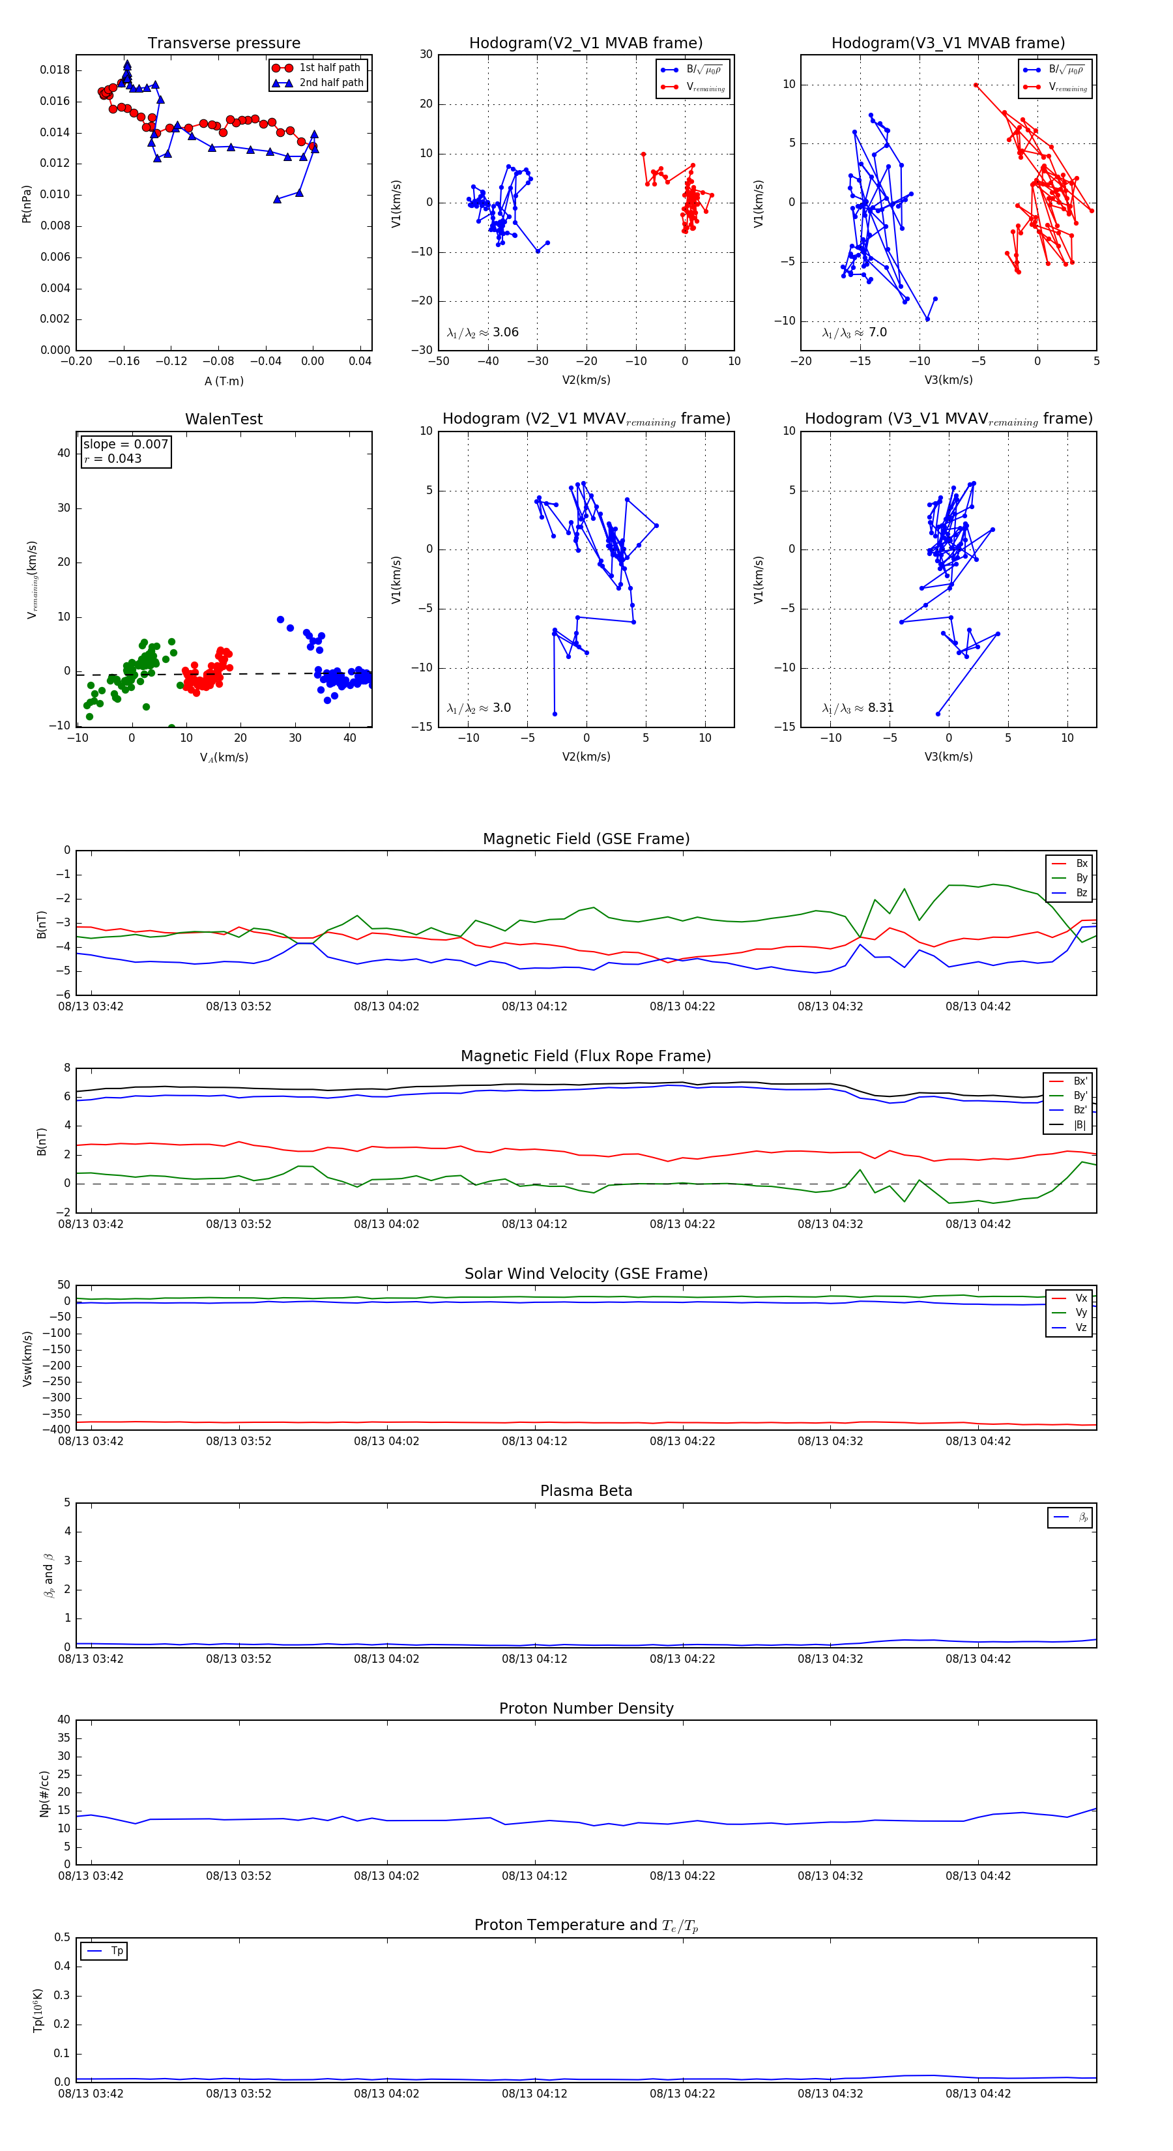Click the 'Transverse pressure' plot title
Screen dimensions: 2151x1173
click(224, 44)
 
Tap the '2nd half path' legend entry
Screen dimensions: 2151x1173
click(330, 83)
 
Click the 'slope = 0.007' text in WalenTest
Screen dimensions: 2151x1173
click(125, 445)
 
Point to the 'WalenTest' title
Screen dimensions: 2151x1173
click(224, 419)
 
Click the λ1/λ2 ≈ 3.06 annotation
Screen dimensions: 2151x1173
click(482, 332)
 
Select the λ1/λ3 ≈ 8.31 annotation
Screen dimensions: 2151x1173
click(858, 708)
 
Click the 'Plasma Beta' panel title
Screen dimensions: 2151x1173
click(586, 1491)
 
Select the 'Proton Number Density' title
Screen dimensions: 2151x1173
click(586, 1708)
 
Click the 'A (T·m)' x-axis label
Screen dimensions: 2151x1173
click(224, 381)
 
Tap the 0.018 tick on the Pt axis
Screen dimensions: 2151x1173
click(55, 70)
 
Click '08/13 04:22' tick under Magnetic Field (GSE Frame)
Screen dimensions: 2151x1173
click(682, 1006)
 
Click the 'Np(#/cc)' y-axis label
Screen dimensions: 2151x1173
click(44, 1792)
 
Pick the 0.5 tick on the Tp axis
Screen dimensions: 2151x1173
click(63, 1937)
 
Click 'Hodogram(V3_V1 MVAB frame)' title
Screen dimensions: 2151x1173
click(948, 44)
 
